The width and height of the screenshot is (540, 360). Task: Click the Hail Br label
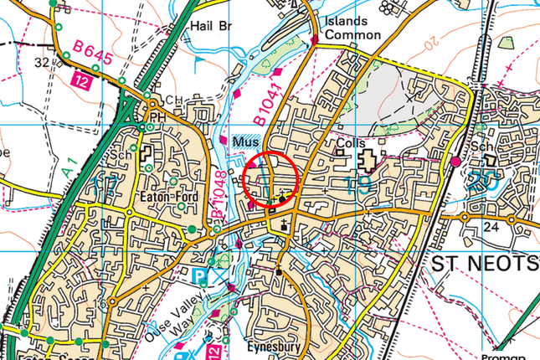[212, 27]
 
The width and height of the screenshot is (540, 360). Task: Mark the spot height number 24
[492, 226]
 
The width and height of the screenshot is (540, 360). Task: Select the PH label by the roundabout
[156, 116]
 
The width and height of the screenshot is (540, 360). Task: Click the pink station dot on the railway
[455, 161]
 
